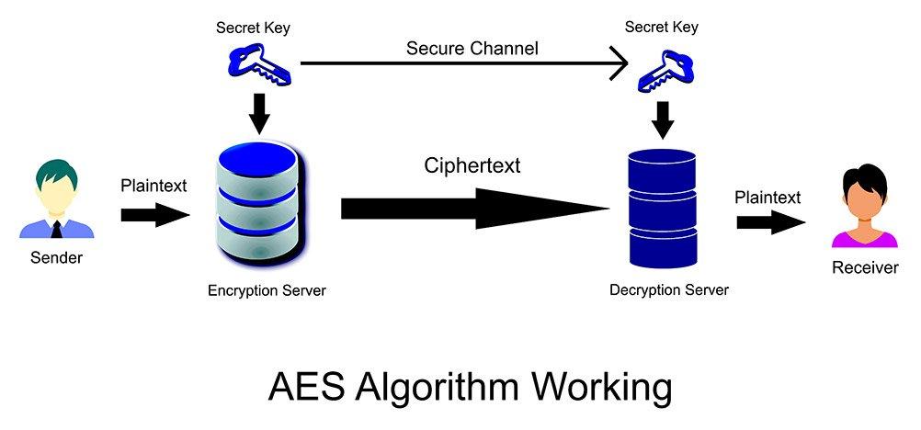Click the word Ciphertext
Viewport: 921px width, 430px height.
click(x=472, y=165)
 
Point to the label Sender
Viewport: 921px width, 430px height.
click(x=56, y=258)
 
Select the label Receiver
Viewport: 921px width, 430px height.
click(x=864, y=268)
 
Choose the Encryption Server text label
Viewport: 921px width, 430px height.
click(x=267, y=291)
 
